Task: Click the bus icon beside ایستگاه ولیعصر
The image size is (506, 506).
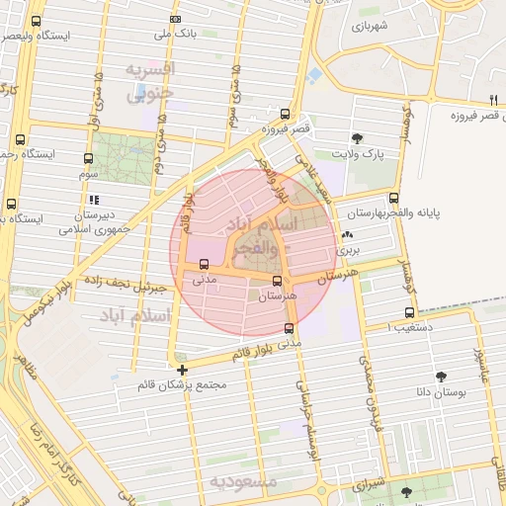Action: [37, 21]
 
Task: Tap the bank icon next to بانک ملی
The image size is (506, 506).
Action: [175, 20]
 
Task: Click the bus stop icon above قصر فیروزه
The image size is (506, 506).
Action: [285, 114]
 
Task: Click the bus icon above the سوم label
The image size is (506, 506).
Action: [88, 158]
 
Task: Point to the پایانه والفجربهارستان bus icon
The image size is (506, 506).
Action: [394, 199]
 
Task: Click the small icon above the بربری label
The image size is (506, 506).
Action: [345, 235]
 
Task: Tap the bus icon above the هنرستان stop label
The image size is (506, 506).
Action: [276, 282]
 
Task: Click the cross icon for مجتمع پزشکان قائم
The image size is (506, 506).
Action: [182, 371]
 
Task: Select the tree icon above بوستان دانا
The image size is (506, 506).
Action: [440, 377]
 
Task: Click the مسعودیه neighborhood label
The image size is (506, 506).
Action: [244, 481]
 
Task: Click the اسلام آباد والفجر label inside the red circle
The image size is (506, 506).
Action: [261, 232]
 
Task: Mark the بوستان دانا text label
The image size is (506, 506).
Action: [441, 392]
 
